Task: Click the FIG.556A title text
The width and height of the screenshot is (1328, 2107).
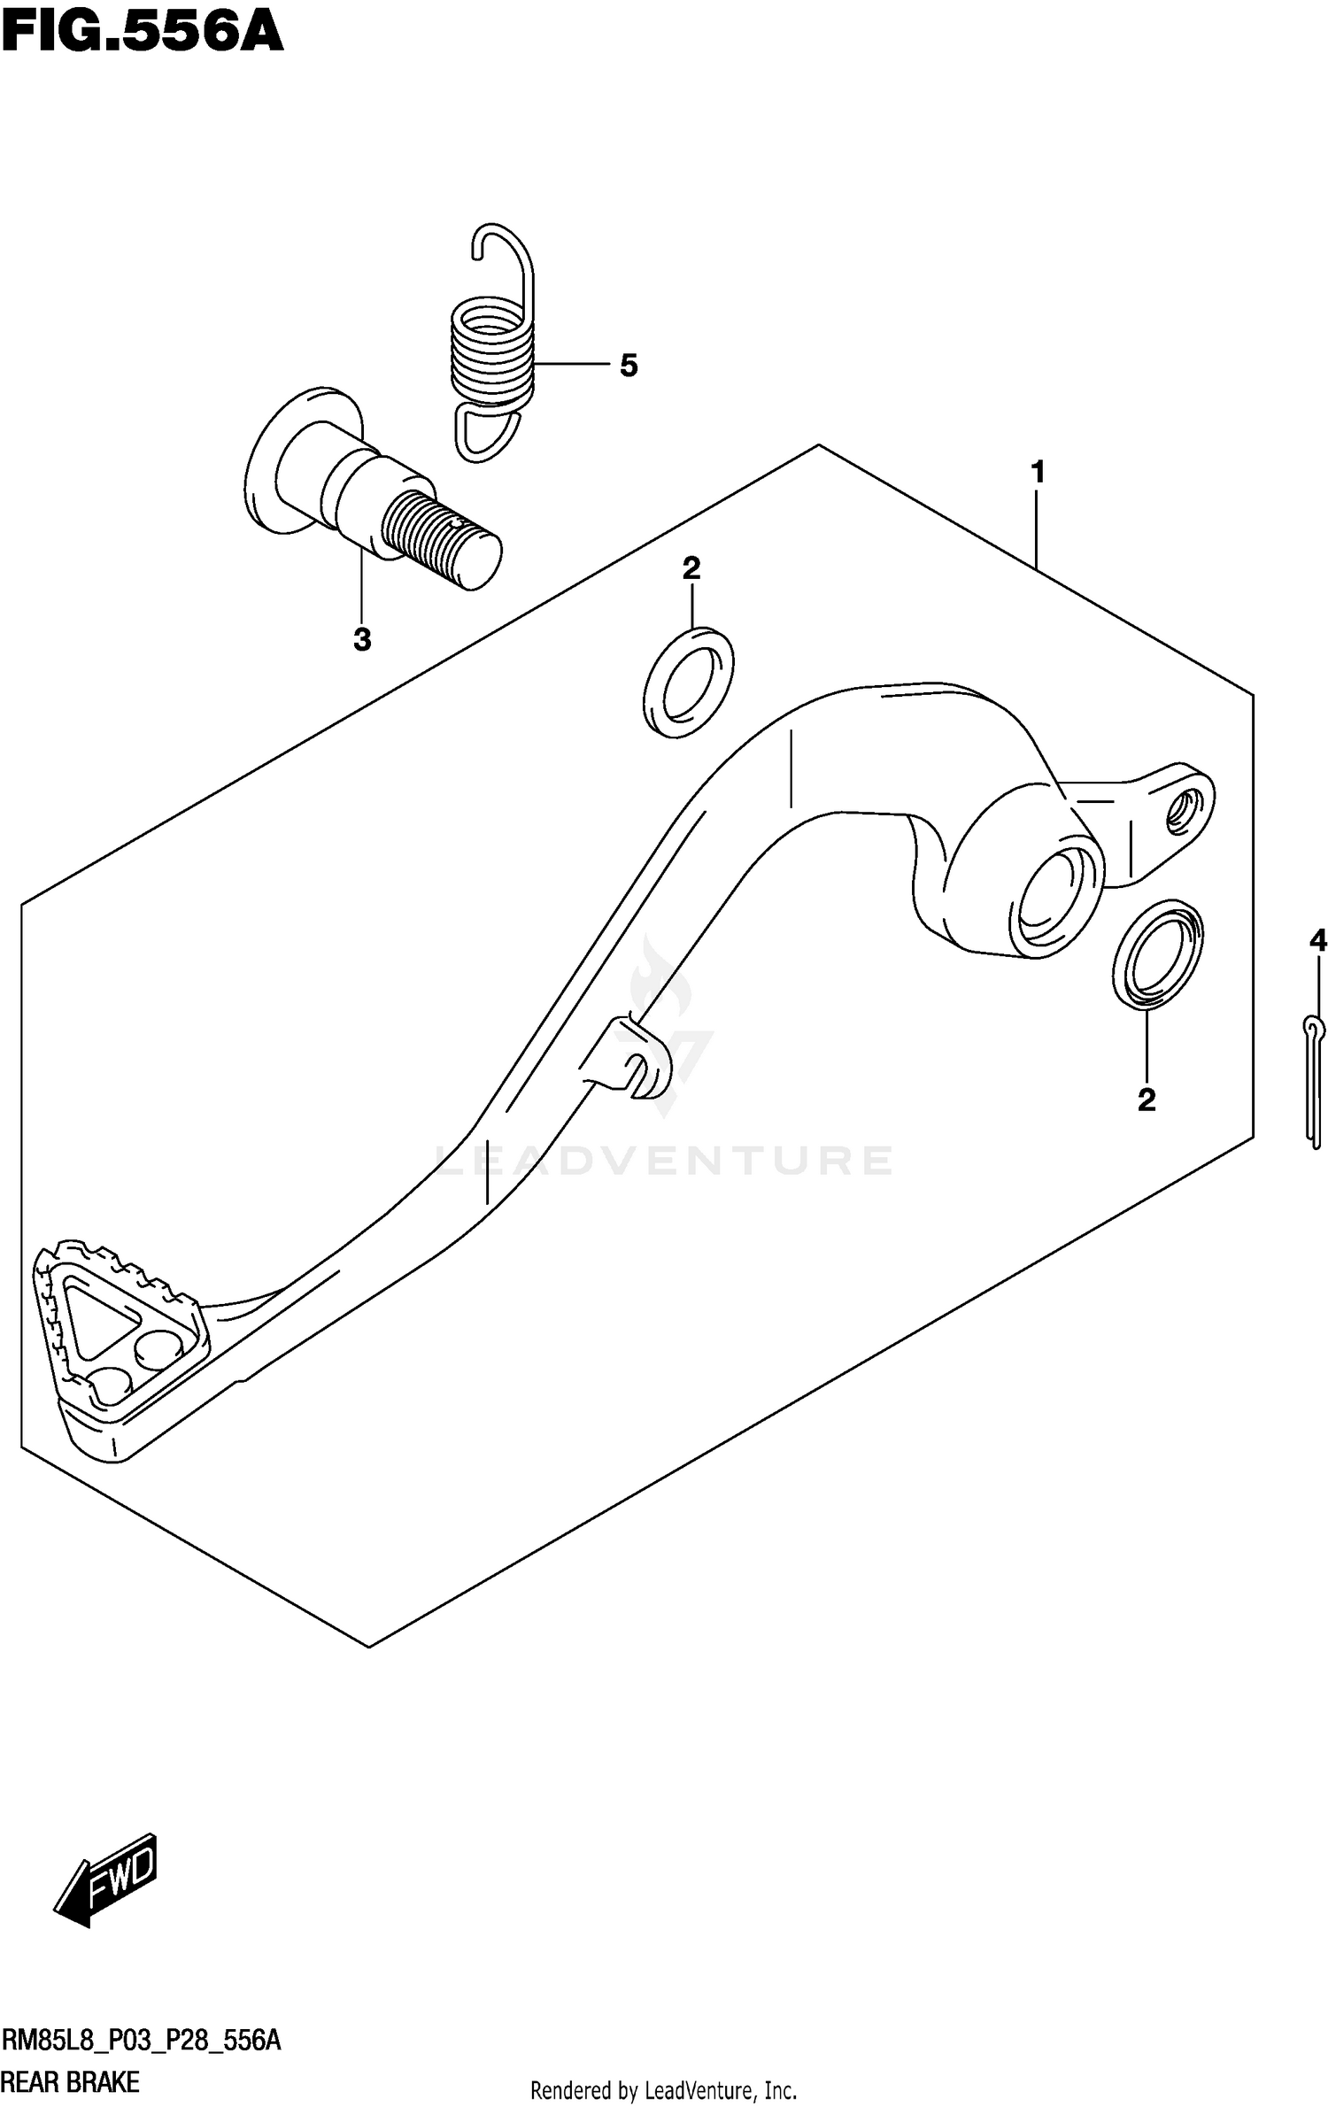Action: pos(142,35)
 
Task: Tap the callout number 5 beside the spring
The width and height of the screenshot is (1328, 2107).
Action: pos(629,365)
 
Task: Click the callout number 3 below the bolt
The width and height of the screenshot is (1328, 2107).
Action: pos(362,639)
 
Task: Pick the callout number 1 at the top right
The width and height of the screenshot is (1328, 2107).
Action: pos(1038,473)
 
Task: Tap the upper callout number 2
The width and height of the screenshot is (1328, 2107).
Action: pos(691,568)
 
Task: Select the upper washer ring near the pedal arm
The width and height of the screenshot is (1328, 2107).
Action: pos(689,682)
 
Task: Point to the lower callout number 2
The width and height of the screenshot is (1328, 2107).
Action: pos(1147,1100)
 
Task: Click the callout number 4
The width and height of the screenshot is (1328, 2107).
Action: pos(1317,940)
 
